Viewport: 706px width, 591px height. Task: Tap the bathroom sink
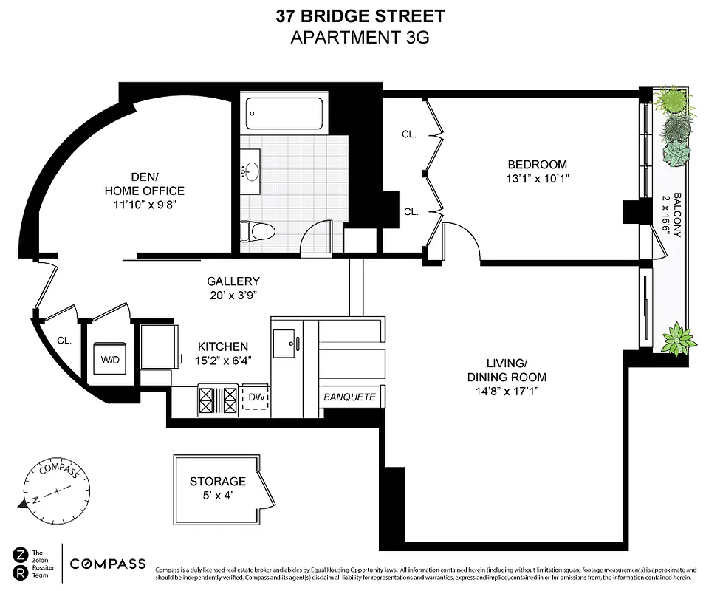(252, 172)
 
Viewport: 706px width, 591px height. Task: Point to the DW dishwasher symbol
(255, 397)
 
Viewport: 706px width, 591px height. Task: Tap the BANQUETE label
(350, 397)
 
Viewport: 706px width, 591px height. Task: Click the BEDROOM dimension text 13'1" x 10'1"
(537, 178)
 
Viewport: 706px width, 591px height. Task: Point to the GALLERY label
(233, 281)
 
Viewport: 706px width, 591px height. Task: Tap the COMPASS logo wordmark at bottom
(108, 564)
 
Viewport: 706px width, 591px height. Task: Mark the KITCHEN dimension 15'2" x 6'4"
(222, 361)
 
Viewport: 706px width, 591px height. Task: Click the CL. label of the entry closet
(65, 341)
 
